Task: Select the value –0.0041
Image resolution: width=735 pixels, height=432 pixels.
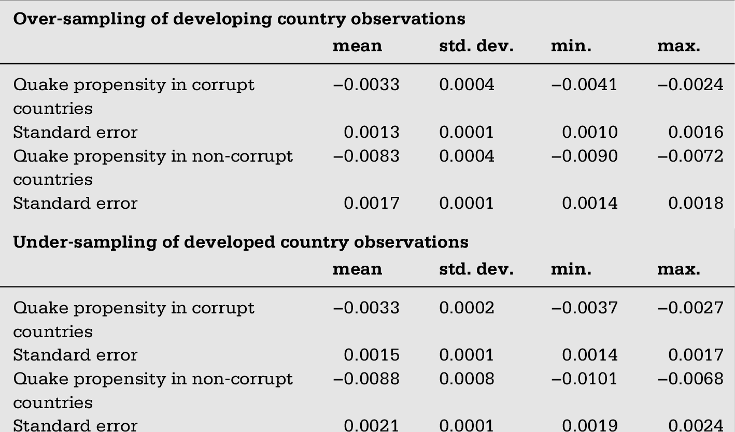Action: [x=584, y=85]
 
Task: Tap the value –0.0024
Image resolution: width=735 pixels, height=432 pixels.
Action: [x=691, y=85]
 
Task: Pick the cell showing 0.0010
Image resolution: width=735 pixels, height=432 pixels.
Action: [x=590, y=132]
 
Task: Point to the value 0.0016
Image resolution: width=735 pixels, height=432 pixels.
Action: [x=696, y=132]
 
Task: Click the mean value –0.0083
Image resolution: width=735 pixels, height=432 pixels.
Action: [x=366, y=156]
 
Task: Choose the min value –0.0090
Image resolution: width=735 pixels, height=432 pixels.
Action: [x=584, y=156]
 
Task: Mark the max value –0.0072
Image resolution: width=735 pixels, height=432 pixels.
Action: [x=691, y=156]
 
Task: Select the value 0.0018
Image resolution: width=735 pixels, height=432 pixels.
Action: [x=696, y=204]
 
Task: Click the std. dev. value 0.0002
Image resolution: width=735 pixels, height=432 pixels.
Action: [x=467, y=308]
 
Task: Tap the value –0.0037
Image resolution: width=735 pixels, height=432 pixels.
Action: [x=584, y=308]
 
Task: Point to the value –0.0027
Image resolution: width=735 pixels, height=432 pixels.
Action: [x=691, y=308]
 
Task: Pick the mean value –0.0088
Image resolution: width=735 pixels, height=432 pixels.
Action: [x=366, y=379]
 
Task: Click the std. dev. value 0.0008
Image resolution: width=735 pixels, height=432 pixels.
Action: [x=467, y=379]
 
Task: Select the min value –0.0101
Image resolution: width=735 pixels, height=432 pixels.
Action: [x=584, y=379]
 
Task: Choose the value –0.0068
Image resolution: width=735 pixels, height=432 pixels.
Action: [x=691, y=379]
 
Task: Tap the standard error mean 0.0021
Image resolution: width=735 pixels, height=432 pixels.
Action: [x=372, y=426]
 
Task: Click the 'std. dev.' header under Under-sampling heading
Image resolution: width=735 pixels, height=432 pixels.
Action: [x=476, y=269]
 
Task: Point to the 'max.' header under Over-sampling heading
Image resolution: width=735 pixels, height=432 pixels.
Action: [x=679, y=46]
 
